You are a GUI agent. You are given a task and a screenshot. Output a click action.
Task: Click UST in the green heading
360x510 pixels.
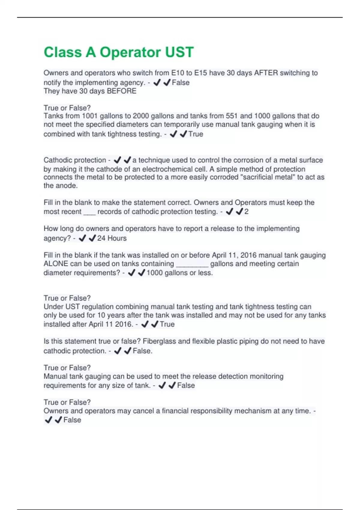[x=179, y=52]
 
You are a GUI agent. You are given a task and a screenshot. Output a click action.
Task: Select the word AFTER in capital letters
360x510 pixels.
[x=266, y=73]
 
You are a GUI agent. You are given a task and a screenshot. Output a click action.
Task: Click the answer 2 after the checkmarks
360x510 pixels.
[x=246, y=212]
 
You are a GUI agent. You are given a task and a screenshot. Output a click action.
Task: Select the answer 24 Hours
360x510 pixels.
[x=112, y=238]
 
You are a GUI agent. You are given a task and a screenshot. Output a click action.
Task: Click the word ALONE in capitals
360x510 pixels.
[x=56, y=264]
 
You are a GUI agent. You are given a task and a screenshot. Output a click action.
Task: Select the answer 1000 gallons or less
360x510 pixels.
[x=179, y=273]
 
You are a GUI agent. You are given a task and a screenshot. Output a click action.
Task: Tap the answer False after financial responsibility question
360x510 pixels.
[x=72, y=420]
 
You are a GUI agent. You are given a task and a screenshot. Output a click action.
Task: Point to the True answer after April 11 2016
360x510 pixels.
[x=167, y=324]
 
